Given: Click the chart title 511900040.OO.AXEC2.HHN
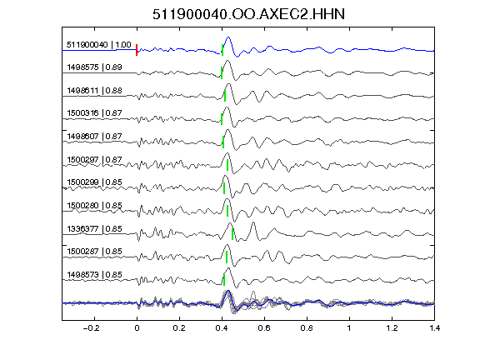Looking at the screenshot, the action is click(248, 14).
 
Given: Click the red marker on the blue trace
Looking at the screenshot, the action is click(137, 50).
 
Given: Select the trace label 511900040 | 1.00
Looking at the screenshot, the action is click(99, 45).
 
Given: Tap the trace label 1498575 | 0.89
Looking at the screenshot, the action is click(95, 67).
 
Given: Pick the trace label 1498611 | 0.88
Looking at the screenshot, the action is click(95, 91).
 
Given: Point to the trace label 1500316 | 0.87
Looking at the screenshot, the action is click(95, 113).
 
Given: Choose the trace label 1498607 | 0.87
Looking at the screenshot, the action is click(95, 136).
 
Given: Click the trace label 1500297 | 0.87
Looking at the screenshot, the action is click(95, 159).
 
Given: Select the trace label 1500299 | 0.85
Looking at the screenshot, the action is click(95, 182).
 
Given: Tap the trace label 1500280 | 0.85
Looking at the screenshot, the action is click(95, 205).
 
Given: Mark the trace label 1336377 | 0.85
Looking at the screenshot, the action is click(95, 228).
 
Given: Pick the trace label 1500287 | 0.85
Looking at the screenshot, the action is click(95, 252).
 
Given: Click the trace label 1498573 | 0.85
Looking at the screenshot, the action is click(95, 275).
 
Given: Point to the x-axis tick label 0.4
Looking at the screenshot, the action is click(222, 328).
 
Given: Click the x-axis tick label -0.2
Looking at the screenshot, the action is click(91, 328).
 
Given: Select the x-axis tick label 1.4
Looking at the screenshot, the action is click(434, 328).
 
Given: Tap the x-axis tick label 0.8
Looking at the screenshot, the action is click(307, 328).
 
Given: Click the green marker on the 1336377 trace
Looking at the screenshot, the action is click(232, 234).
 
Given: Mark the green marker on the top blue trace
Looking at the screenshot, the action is click(222, 50).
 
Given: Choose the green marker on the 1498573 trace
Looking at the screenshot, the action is click(224, 280).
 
